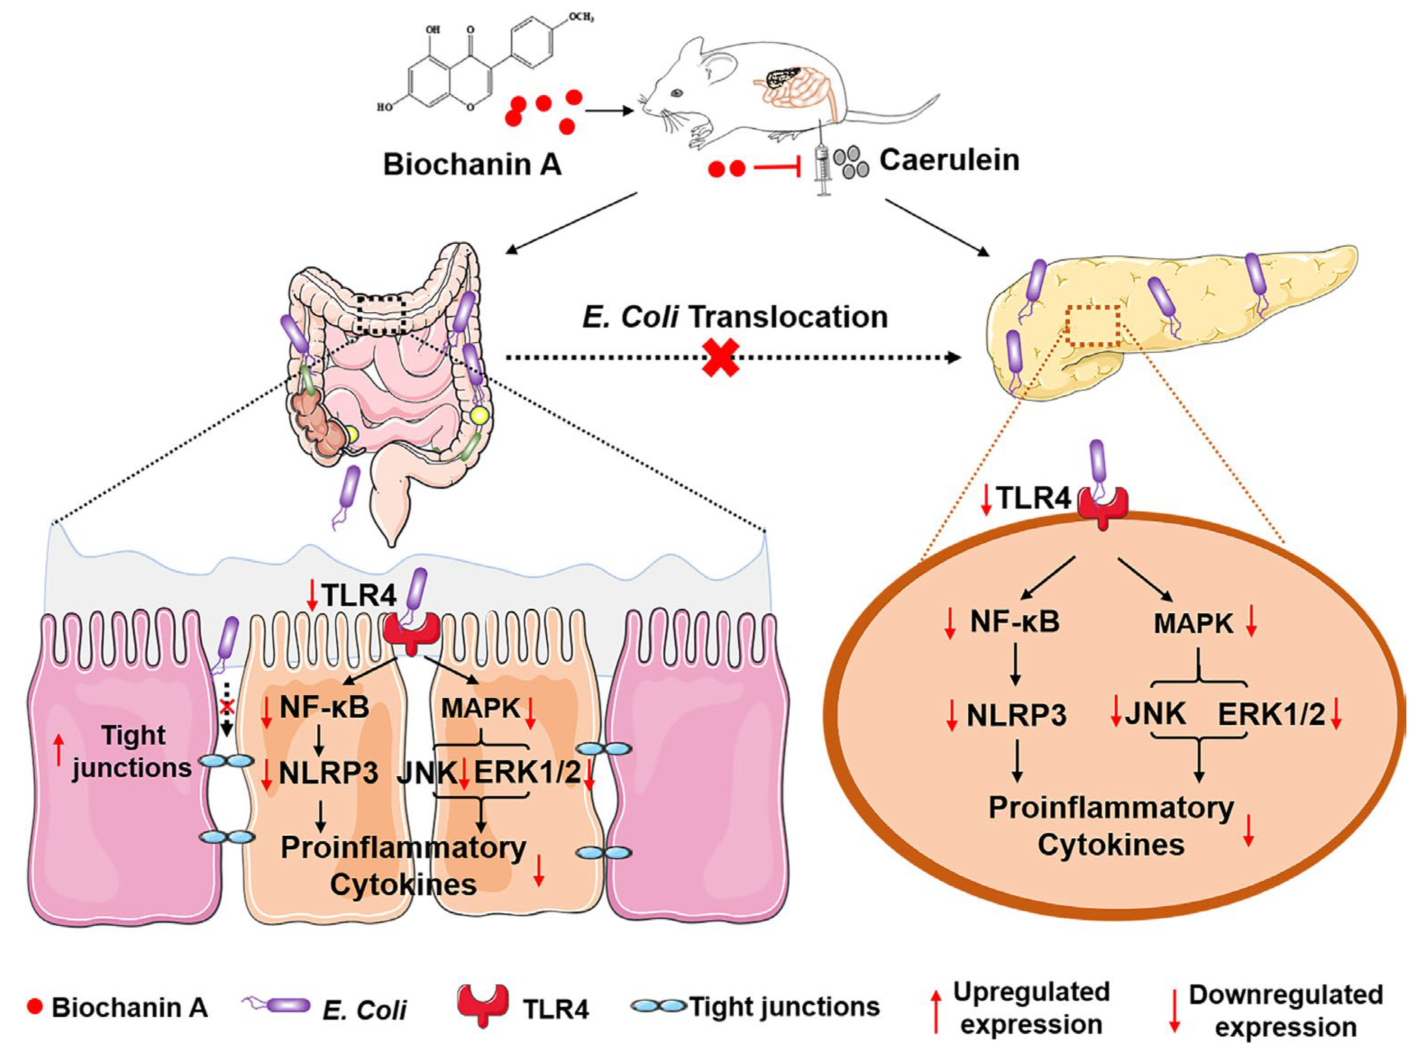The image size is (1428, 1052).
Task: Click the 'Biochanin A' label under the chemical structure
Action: click(x=472, y=164)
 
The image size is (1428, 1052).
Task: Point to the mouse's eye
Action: click(x=676, y=92)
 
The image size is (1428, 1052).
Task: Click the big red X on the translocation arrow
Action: click(x=720, y=357)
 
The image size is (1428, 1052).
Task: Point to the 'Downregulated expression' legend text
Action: click(x=1285, y=1011)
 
